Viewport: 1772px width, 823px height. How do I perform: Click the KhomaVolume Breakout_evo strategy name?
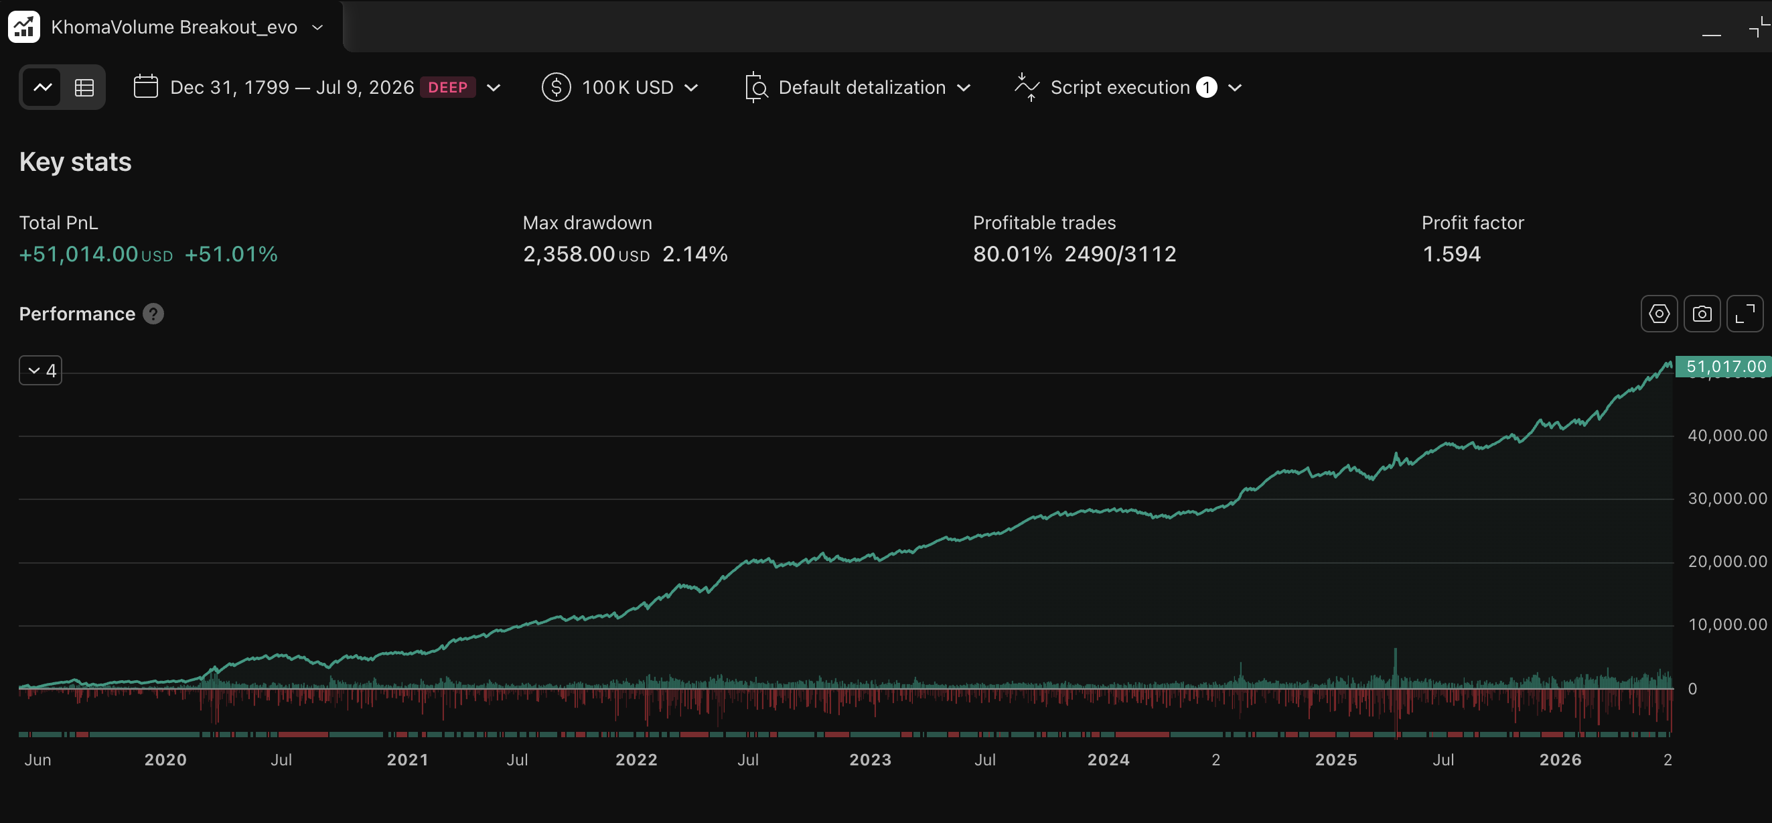(174, 27)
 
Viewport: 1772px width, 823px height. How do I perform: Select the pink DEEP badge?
(448, 87)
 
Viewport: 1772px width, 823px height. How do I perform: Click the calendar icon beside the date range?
(146, 86)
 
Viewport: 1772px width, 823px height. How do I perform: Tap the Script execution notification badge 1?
(1207, 87)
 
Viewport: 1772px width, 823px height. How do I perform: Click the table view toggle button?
(84, 87)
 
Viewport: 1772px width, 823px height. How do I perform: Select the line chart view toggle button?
(43, 87)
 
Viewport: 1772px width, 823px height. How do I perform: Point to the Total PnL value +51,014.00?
(78, 254)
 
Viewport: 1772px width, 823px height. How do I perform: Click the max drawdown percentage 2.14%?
(694, 254)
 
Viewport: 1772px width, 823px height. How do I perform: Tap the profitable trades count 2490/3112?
(1120, 254)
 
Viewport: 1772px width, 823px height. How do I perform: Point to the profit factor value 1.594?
(1451, 254)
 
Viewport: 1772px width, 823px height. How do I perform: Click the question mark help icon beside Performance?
(153, 314)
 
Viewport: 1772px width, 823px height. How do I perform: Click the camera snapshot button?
(1702, 314)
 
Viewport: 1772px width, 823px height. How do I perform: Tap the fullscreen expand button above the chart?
(1745, 314)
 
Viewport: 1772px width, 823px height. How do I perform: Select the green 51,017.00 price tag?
(1723, 366)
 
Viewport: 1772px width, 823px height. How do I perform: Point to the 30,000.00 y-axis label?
(1727, 498)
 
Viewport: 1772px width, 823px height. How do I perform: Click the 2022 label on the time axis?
(636, 760)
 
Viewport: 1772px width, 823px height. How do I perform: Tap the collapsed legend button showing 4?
(41, 370)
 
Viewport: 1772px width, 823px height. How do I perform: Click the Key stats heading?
(75, 162)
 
